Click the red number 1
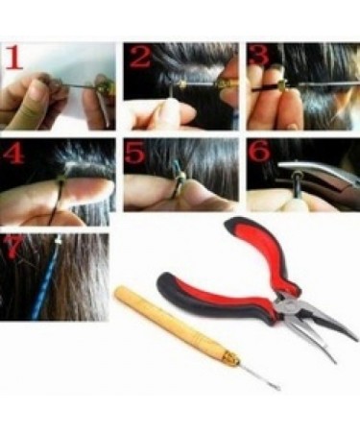16,60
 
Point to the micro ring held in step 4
63,179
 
